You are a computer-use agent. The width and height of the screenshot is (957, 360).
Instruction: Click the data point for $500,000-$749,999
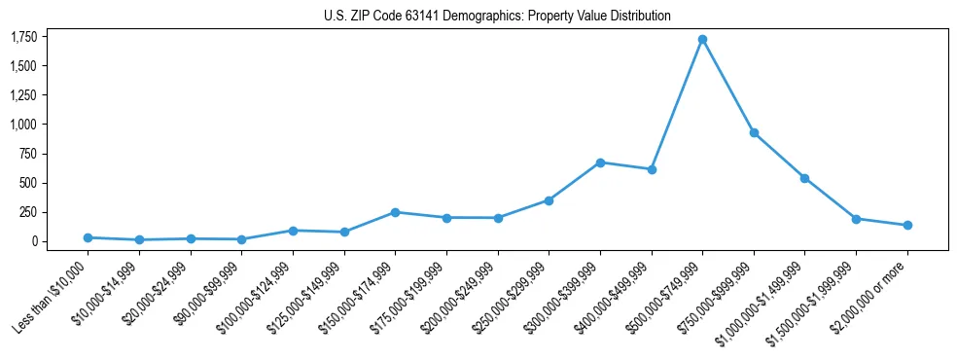pos(702,39)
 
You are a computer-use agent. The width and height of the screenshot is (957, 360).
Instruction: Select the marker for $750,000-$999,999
pos(754,132)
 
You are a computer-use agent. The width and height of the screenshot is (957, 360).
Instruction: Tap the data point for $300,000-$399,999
pos(600,162)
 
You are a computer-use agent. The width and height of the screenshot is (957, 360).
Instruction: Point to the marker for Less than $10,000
pos(88,237)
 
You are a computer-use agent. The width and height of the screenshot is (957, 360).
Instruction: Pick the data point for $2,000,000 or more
pos(907,225)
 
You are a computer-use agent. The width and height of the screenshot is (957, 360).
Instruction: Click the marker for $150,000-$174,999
pos(395,212)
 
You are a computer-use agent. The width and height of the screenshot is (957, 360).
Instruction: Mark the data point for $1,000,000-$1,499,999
pos(804,178)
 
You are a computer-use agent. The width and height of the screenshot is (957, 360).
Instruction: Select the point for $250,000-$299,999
pos(549,200)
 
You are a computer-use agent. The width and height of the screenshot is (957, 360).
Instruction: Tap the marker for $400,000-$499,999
pos(652,169)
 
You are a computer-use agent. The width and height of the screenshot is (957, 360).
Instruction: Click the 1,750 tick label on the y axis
pos(23,37)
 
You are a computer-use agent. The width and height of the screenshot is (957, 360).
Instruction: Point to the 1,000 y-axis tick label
pos(23,125)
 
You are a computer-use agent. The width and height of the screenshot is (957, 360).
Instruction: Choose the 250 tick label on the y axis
pos(27,212)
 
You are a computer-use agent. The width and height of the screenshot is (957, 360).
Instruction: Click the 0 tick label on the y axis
pos(33,241)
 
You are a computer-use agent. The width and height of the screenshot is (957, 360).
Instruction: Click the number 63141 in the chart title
pos(420,17)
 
